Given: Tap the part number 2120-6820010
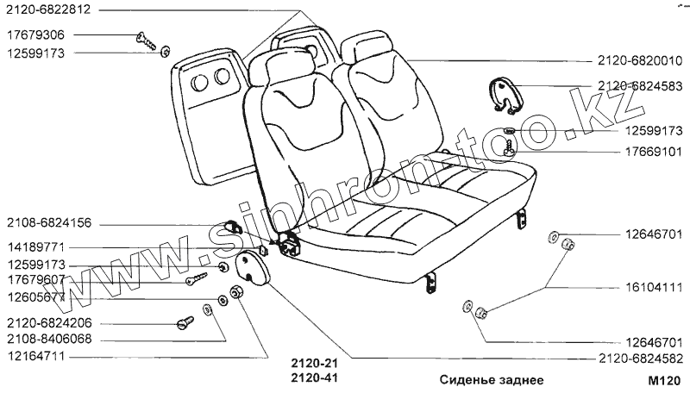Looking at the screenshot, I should [x=638, y=60].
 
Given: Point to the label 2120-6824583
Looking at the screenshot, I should [x=638, y=86].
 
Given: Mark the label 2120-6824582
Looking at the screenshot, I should [x=638, y=358].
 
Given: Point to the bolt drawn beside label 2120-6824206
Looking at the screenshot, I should [x=185, y=321].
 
